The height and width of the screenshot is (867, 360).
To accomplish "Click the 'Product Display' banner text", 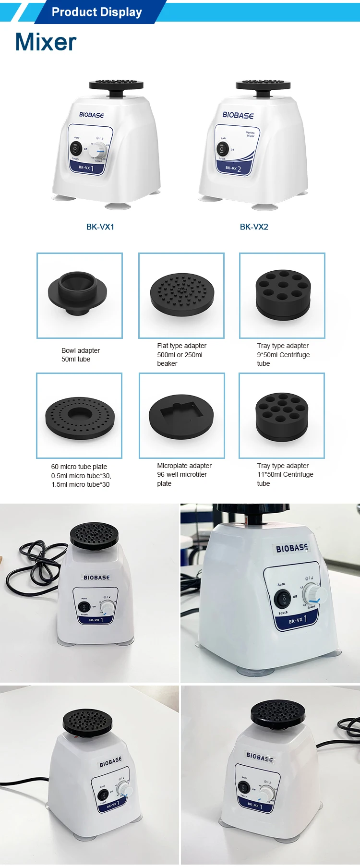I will [96, 12].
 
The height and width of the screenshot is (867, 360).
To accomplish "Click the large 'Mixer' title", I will [46, 42].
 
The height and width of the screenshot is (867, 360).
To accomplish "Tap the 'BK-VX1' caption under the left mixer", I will [100, 227].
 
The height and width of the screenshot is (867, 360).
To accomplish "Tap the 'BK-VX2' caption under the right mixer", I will [254, 227].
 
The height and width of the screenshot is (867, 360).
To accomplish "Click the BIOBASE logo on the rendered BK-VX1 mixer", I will [91, 115].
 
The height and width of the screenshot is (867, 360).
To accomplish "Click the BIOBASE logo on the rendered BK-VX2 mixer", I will [238, 115].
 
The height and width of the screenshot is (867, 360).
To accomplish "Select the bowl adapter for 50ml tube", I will [78, 293].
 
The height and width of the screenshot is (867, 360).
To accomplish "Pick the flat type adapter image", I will [181, 294].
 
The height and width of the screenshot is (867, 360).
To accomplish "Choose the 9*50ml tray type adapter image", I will [282, 294].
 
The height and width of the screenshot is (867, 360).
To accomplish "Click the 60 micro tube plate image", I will [80, 415].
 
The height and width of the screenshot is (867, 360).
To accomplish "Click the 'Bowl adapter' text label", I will [81, 350].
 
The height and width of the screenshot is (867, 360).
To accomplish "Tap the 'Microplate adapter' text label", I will [184, 466].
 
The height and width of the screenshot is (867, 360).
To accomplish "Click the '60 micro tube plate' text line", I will [79, 467].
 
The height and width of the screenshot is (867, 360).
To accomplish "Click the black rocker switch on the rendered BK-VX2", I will [221, 149].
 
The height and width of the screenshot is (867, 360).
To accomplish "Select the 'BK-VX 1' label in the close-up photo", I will [297, 620].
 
